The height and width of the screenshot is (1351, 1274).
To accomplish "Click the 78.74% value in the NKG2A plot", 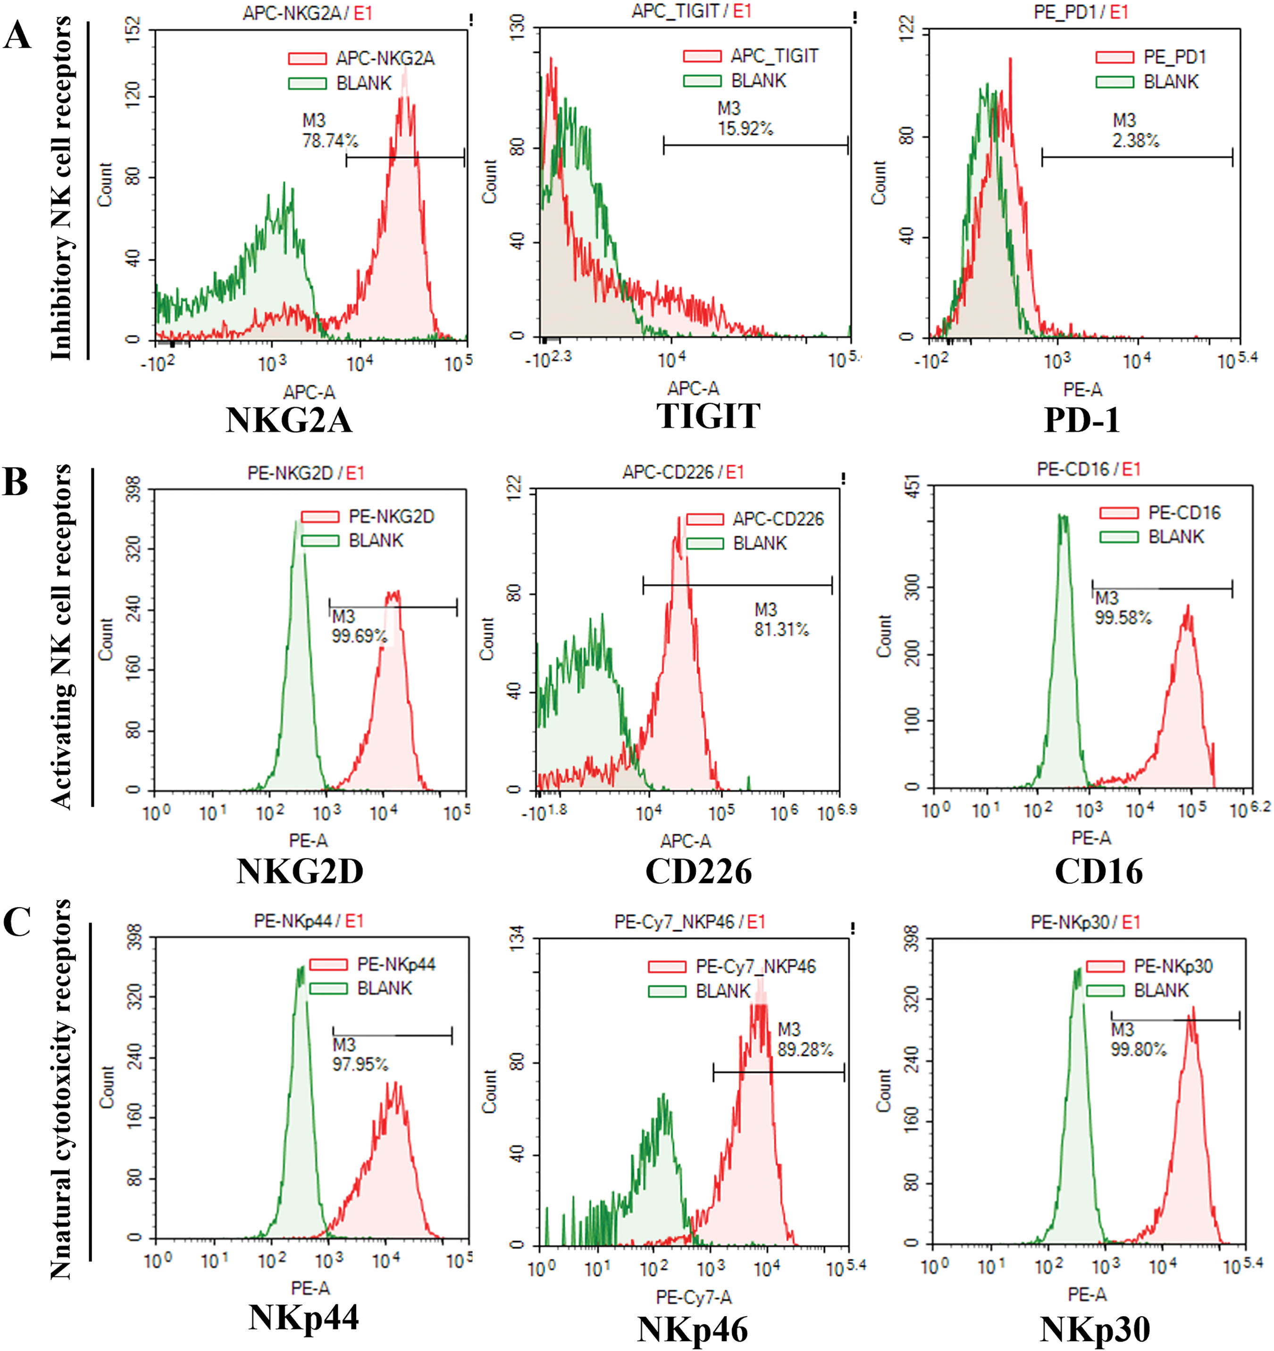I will (x=330, y=141).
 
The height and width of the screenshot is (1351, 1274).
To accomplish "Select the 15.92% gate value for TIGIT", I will (x=746, y=128).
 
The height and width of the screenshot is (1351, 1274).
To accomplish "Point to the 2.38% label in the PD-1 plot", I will (x=1136, y=141).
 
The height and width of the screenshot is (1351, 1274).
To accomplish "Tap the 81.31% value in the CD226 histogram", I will (x=781, y=629).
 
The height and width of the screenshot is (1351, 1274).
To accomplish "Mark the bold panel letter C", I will (x=17, y=922).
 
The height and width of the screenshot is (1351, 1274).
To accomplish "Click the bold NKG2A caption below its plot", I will (x=289, y=419).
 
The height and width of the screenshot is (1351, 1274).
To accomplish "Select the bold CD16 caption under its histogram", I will (x=1098, y=871).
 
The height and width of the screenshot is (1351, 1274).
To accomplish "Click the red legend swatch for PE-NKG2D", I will (x=320, y=517).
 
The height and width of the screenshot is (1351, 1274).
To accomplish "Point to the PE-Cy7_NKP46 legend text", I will (x=755, y=967).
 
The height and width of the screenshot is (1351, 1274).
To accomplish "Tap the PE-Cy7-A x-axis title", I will (x=694, y=1297).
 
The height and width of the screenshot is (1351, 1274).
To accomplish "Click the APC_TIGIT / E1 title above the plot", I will (x=691, y=11).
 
